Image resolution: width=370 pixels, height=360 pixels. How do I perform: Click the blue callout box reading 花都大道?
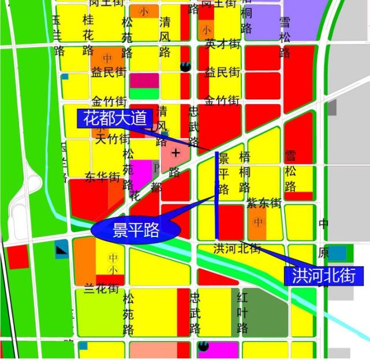(115, 119)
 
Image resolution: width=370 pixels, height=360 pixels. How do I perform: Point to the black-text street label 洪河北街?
(237, 249)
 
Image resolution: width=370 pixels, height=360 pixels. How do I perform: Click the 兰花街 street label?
(102, 288)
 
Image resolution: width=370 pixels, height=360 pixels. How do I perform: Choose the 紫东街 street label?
(263, 203)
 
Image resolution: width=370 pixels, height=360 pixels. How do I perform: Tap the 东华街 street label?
(102, 176)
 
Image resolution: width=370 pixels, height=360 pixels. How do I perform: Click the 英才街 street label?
(222, 43)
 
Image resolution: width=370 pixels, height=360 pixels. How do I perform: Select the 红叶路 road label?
(243, 313)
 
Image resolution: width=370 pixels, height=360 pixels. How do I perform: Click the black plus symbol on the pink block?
(175, 153)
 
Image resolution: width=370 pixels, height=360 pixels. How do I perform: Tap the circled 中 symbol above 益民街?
(107, 58)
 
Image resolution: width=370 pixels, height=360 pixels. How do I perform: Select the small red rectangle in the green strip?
(17, 257)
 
